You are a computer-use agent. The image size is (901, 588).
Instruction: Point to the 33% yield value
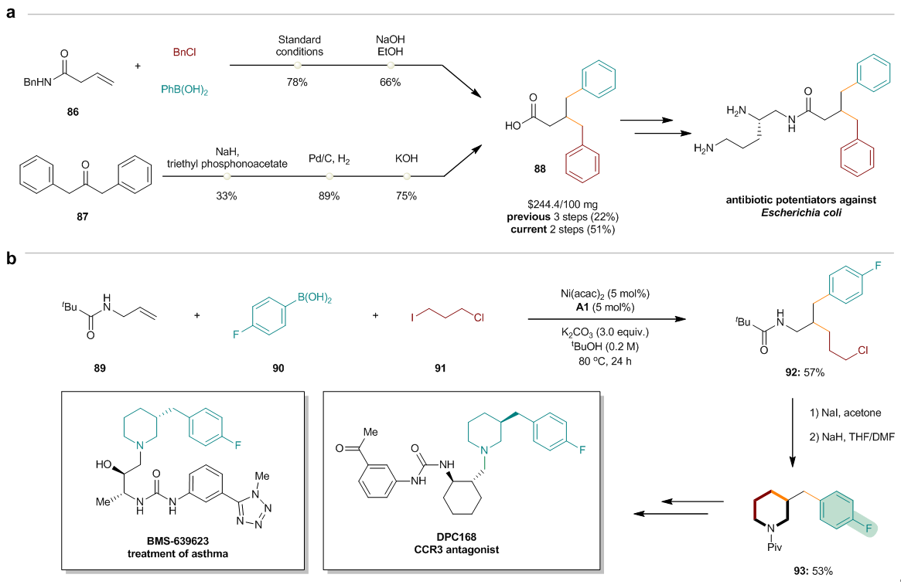click(x=236, y=196)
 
